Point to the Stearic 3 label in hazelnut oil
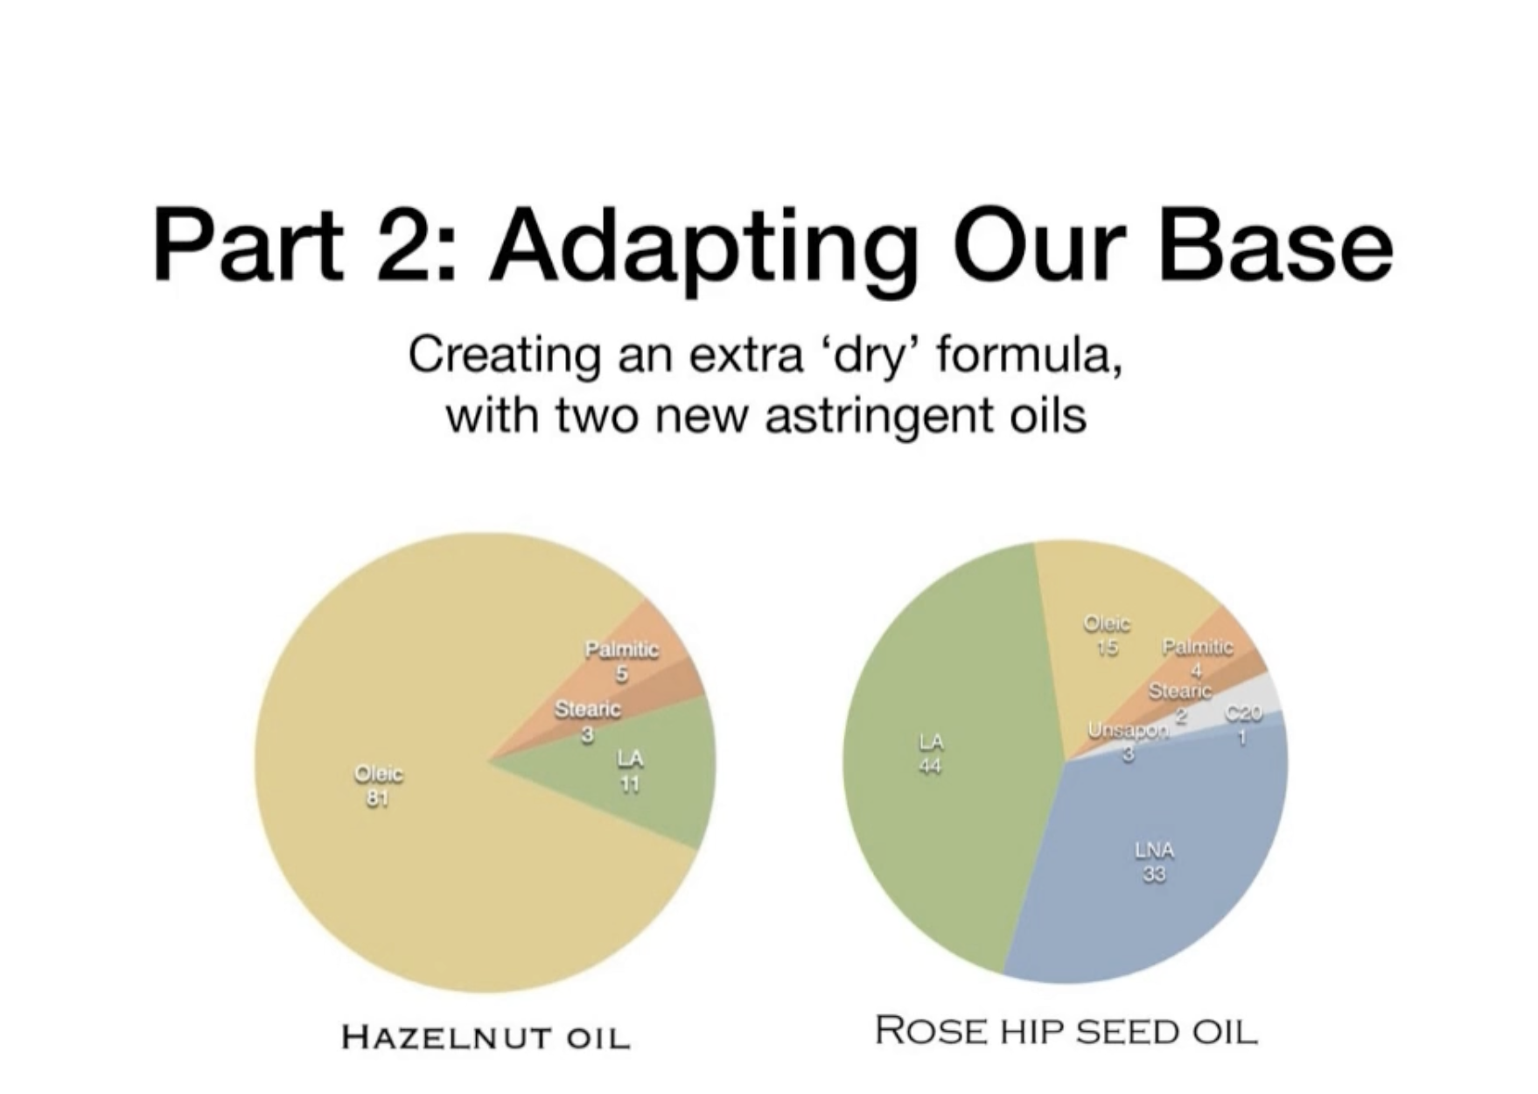[588, 721]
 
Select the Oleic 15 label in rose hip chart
[1108, 635]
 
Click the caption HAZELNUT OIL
[486, 1037]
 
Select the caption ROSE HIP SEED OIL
[1066, 1030]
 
